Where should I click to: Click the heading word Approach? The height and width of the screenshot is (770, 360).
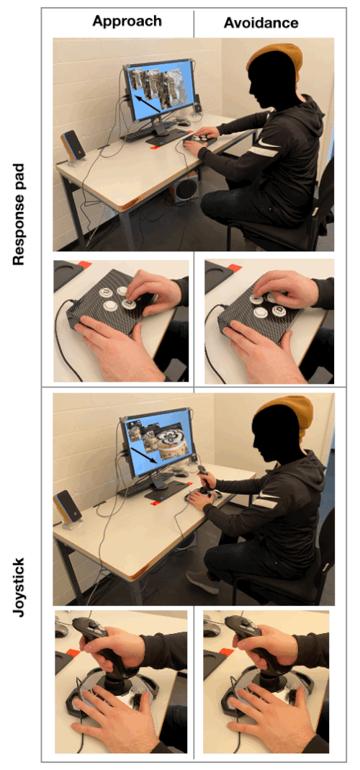click(x=127, y=21)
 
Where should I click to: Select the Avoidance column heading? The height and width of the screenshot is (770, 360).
click(x=261, y=22)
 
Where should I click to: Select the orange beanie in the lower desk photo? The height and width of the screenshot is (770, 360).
click(x=286, y=416)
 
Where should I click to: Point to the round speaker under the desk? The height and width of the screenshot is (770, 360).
click(x=185, y=189)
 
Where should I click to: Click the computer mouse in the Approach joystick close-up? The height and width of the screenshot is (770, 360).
click(x=61, y=630)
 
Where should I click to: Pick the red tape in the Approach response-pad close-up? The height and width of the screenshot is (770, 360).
click(x=84, y=264)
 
